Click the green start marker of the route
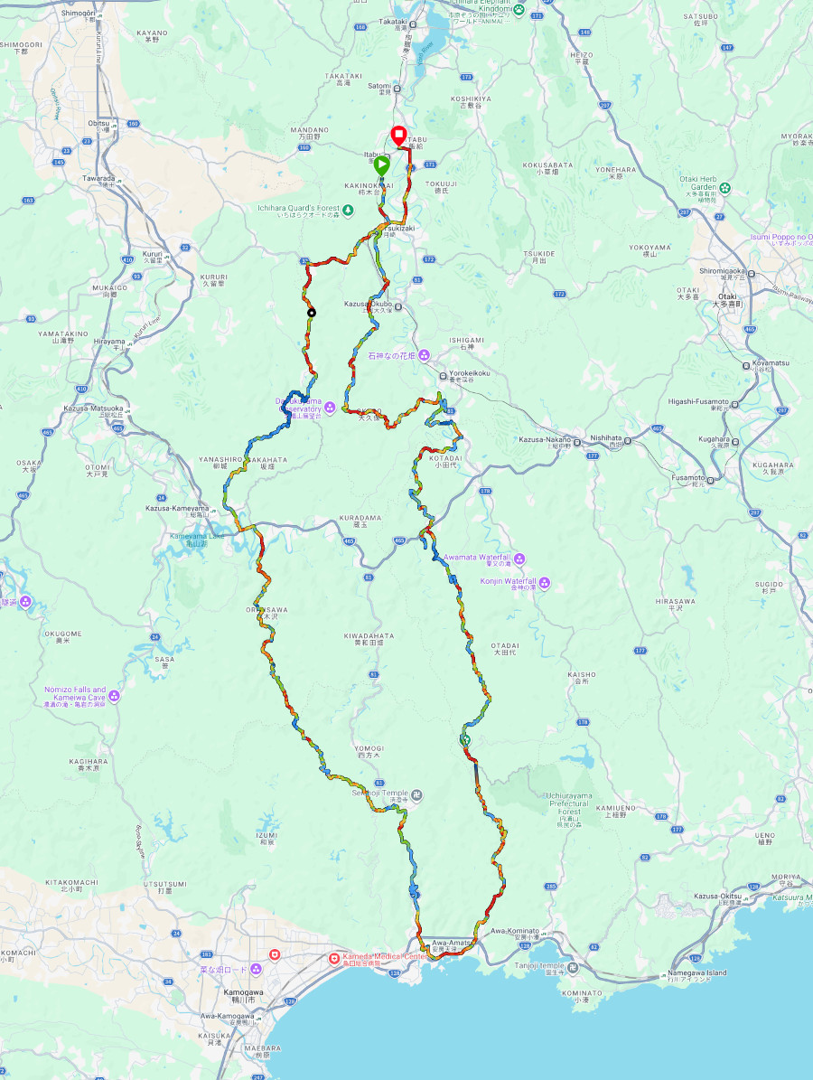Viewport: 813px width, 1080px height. pyautogui.click(x=381, y=166)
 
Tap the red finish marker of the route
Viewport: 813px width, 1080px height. pyautogui.click(x=397, y=136)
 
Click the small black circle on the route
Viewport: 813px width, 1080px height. pyautogui.click(x=312, y=313)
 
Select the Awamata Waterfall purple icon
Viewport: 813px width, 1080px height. pyautogui.click(x=519, y=559)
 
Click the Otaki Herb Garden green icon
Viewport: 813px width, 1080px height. pyautogui.click(x=724, y=188)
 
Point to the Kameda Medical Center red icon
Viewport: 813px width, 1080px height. pyautogui.click(x=333, y=957)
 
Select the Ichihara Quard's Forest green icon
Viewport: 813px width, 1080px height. pyautogui.click(x=335, y=210)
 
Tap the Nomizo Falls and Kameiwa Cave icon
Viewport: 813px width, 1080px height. pyautogui.click(x=114, y=695)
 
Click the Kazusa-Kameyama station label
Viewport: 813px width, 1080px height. pyautogui.click(x=176, y=508)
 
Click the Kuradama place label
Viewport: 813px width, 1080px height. pyautogui.click(x=360, y=518)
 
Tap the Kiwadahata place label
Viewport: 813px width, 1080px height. pyautogui.click(x=369, y=636)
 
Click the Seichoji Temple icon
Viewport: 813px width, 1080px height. pyautogui.click(x=416, y=795)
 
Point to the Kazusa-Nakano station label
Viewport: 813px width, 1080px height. pyautogui.click(x=544, y=439)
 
